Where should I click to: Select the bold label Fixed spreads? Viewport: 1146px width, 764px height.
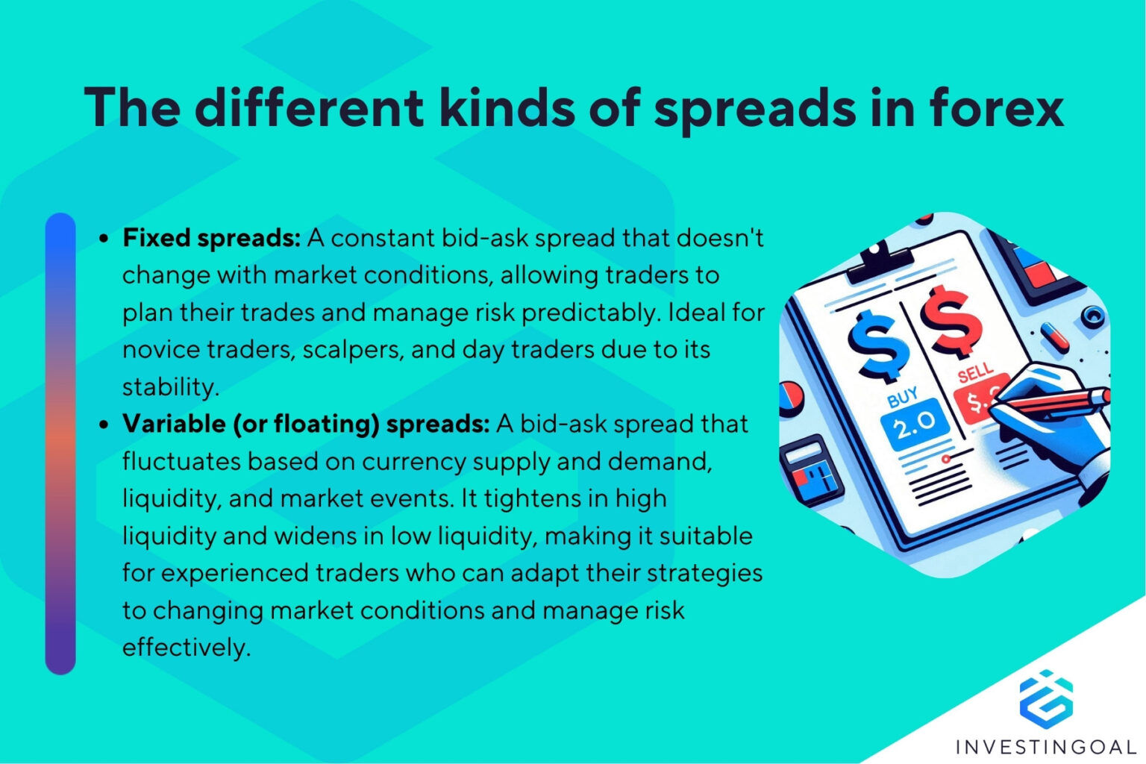click(211, 238)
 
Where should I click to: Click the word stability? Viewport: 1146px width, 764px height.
click(170, 387)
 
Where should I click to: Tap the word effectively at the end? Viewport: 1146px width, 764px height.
click(186, 647)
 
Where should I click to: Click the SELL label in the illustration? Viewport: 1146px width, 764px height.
click(975, 372)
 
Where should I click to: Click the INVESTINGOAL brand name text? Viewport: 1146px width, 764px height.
click(1046, 746)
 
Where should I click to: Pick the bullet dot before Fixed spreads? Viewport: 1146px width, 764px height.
click(104, 239)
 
